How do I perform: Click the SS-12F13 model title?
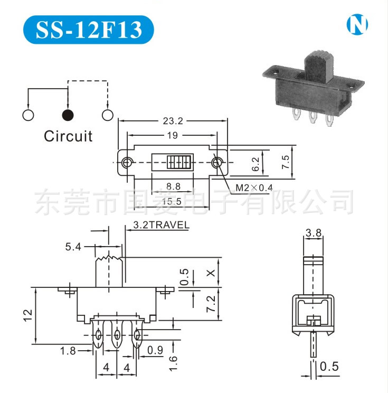click(x=89, y=30)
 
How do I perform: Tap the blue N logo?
click(x=357, y=24)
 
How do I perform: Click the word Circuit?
click(x=68, y=136)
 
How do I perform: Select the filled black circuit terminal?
click(x=68, y=115)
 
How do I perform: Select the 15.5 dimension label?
click(x=172, y=201)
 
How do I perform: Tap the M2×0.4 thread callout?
click(x=254, y=188)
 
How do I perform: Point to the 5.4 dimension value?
click(x=74, y=246)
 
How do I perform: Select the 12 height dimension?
click(x=28, y=315)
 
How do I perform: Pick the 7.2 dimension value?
click(x=211, y=304)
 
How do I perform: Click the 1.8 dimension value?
click(x=68, y=350)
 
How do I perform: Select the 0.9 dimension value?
click(x=155, y=350)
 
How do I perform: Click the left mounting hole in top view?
click(x=127, y=163)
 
